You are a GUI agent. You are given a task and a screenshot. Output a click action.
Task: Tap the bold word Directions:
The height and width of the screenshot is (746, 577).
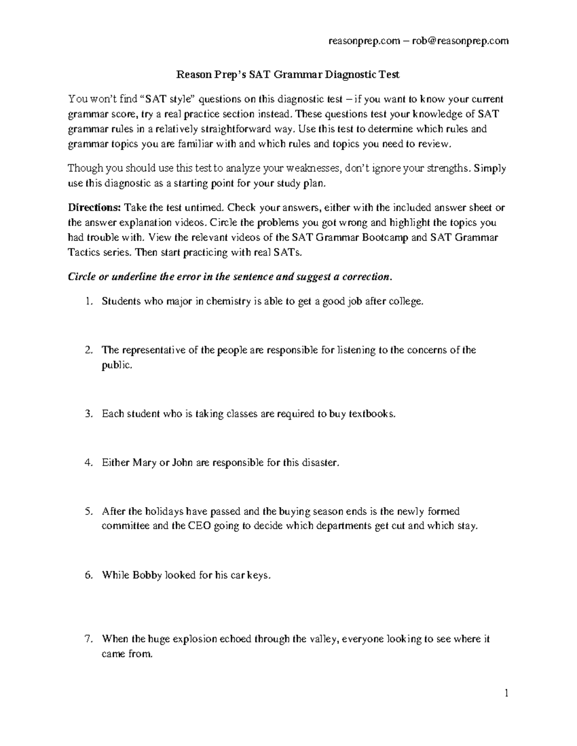(x=95, y=208)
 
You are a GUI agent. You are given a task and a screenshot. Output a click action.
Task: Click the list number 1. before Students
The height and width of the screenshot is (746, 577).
(x=88, y=302)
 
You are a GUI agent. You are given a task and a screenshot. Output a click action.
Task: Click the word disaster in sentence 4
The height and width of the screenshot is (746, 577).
(x=320, y=463)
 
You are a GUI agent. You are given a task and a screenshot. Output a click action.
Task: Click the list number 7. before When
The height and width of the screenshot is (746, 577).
(x=88, y=639)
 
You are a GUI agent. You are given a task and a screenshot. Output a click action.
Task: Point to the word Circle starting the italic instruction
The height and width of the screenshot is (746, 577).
(x=81, y=277)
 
